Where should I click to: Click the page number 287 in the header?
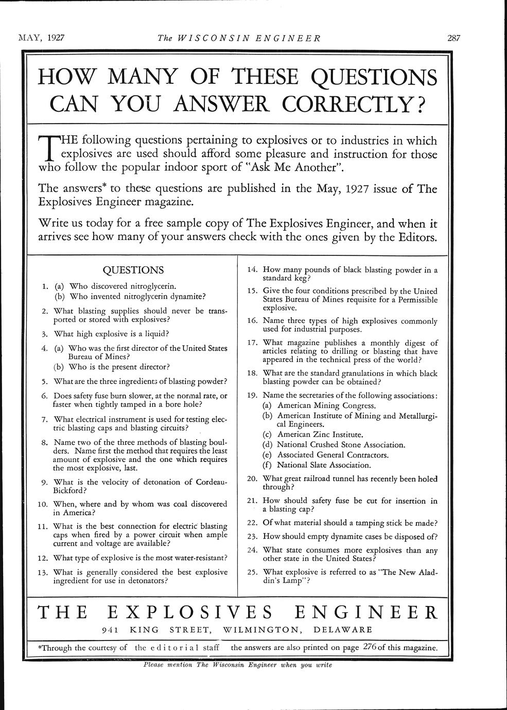[x=453, y=38]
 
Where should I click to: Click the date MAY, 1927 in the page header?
[x=38, y=38]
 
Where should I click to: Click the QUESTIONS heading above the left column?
[x=133, y=270]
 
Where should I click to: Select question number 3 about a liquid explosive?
[x=111, y=333]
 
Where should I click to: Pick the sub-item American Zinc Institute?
[x=320, y=435]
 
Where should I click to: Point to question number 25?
[x=252, y=572]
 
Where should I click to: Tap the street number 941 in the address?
[x=111, y=629]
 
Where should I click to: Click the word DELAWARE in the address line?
[x=343, y=629]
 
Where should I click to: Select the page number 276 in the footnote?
[x=370, y=647]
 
